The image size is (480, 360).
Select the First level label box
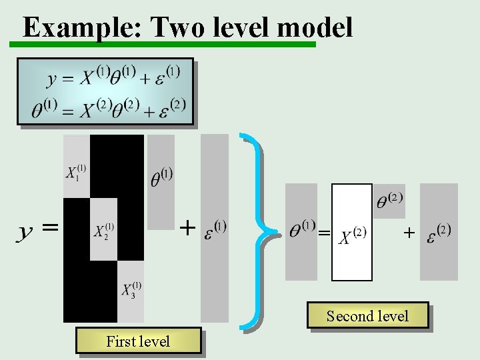pos(138,341)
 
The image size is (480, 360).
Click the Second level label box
pos(367,315)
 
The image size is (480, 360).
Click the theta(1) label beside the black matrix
pos(161,177)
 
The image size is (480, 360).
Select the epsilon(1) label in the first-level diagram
pos(214,228)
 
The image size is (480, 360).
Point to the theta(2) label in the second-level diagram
pos(390,199)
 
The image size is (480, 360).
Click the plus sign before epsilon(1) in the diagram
pos(188,228)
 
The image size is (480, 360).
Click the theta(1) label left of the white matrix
pos(302,229)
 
